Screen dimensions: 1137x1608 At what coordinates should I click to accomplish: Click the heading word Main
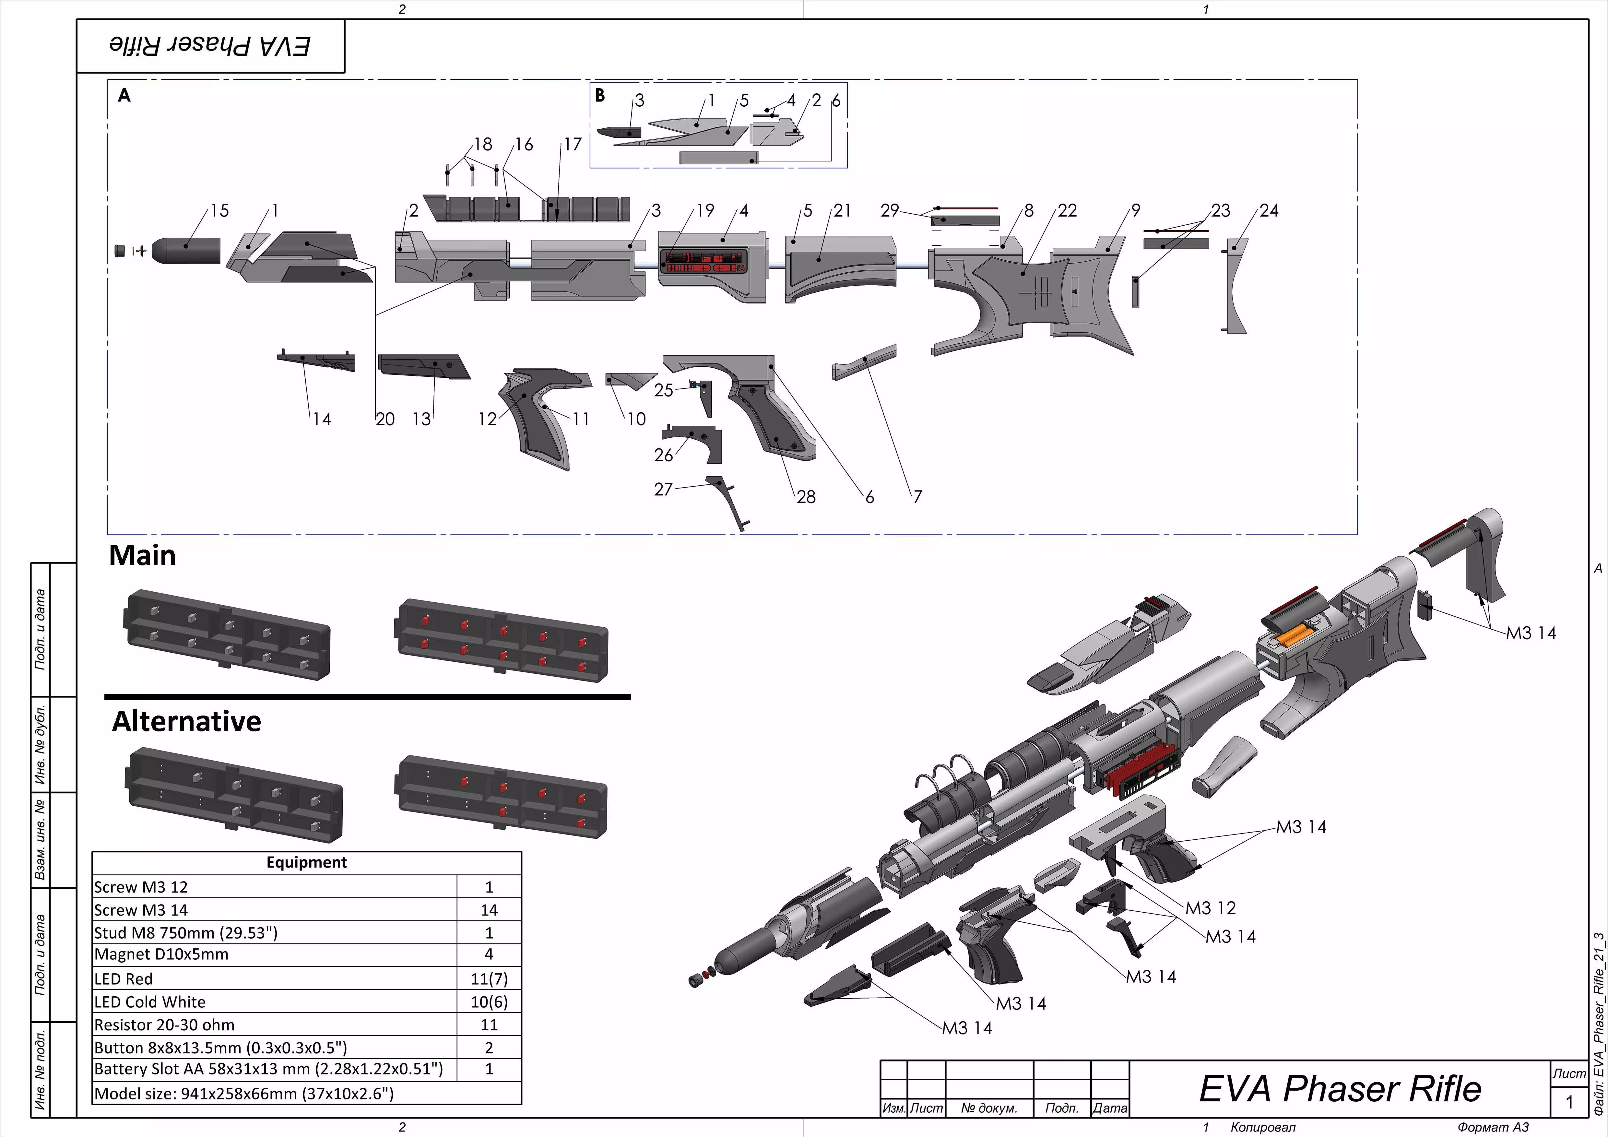pos(142,556)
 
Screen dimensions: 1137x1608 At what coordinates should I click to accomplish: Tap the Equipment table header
pos(306,862)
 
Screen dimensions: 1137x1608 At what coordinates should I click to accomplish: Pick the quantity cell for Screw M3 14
pos(489,910)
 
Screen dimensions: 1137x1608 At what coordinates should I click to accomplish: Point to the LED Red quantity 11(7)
pos(489,979)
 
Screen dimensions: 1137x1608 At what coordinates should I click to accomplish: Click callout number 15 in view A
pos(219,211)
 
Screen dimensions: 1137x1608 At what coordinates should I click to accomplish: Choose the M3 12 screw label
pos(1210,908)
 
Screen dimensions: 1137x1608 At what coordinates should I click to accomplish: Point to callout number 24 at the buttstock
pos(1268,211)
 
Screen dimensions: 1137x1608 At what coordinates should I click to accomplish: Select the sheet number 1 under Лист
pos(1569,1102)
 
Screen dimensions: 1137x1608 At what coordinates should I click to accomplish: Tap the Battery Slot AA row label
pos(268,1069)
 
